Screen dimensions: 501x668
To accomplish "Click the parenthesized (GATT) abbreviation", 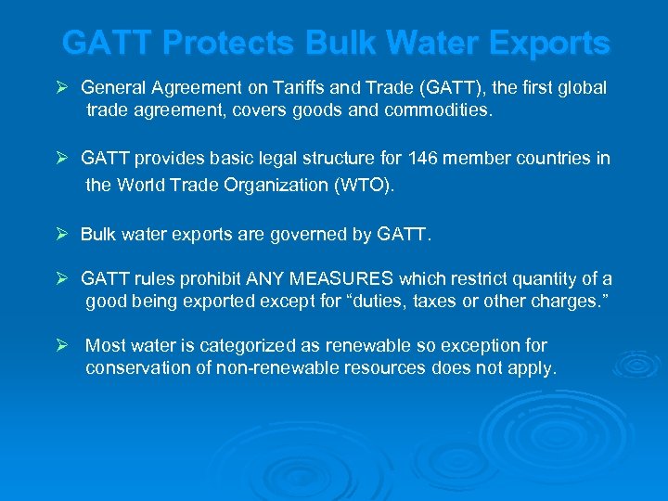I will click(x=449, y=88).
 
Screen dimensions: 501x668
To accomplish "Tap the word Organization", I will click(x=274, y=185).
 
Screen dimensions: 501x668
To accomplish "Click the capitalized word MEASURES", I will click(x=340, y=279).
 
